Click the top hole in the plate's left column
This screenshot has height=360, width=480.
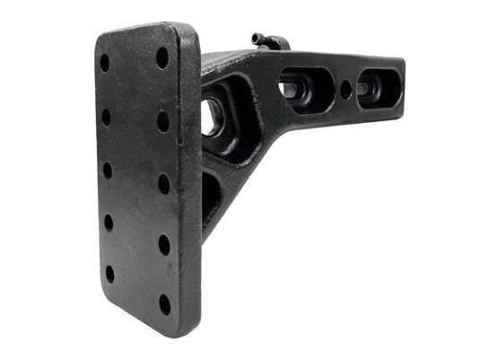coord(104,64)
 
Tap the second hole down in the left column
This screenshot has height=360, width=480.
coord(106,118)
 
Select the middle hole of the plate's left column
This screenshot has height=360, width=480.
coord(108,170)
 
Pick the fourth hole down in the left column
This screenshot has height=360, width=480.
coord(109,222)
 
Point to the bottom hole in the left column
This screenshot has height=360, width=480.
coord(110,273)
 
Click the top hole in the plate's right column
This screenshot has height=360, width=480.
coord(162,57)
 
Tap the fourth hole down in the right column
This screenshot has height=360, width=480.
coord(165,244)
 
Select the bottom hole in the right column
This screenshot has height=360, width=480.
coord(166,303)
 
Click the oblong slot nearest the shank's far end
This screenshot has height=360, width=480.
coord(372,88)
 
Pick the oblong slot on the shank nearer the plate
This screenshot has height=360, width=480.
coord(306,88)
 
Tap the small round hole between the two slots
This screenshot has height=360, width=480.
coord(346,89)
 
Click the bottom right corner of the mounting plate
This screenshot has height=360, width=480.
coord(196,330)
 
